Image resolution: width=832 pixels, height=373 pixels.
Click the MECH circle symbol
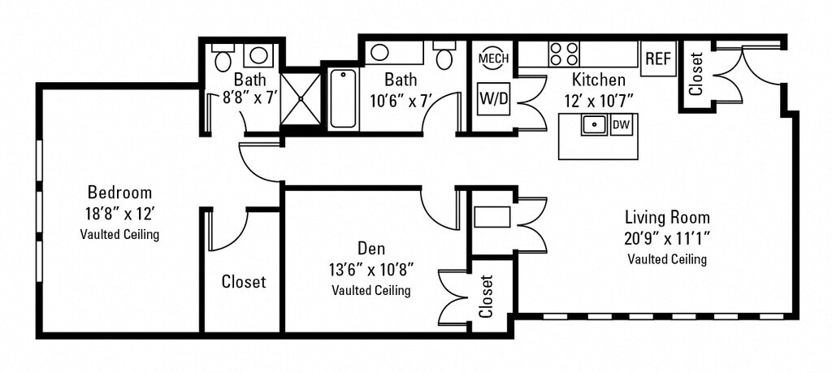click(x=492, y=59)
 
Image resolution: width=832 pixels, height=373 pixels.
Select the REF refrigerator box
click(x=657, y=59)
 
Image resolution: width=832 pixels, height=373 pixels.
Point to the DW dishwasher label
click(x=622, y=124)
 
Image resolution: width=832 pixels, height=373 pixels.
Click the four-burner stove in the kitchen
click(x=563, y=54)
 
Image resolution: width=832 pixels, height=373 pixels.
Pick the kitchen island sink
click(x=595, y=125)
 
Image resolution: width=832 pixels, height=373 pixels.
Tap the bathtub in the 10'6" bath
click(x=343, y=98)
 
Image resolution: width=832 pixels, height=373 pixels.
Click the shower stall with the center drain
click(x=301, y=98)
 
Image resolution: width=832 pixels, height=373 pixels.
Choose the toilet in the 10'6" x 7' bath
click(x=444, y=57)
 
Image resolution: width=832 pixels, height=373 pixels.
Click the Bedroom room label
click(x=119, y=193)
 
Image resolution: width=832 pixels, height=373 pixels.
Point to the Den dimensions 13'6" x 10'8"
click(x=370, y=269)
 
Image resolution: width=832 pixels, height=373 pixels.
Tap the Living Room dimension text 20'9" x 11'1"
click(x=667, y=239)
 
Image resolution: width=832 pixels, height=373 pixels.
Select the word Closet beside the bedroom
click(x=243, y=282)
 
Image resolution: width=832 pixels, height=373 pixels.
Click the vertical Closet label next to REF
click(x=695, y=75)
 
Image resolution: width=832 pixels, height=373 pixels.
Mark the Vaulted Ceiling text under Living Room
click(x=667, y=259)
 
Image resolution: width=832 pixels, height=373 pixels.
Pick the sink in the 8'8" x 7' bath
click(x=258, y=55)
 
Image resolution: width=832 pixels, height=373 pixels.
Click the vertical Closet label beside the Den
click(x=487, y=296)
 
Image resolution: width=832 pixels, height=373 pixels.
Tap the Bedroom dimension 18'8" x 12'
click(x=119, y=215)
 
